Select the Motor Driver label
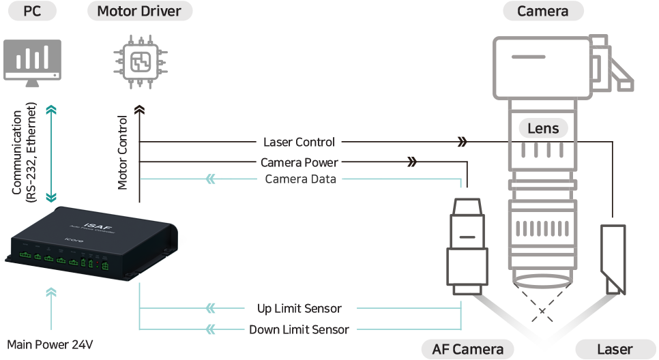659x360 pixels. [139, 11]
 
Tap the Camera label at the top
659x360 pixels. [544, 11]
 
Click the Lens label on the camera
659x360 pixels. [543, 128]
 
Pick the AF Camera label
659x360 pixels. [467, 349]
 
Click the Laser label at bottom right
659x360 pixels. [614, 349]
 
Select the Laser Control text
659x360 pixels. [299, 142]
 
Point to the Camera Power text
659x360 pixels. [299, 162]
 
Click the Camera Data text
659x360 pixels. [300, 179]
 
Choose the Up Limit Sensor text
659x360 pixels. [299, 308]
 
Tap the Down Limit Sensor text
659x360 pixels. [299, 329]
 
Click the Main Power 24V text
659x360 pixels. [49, 344]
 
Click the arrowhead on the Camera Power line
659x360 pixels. [411, 162]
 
